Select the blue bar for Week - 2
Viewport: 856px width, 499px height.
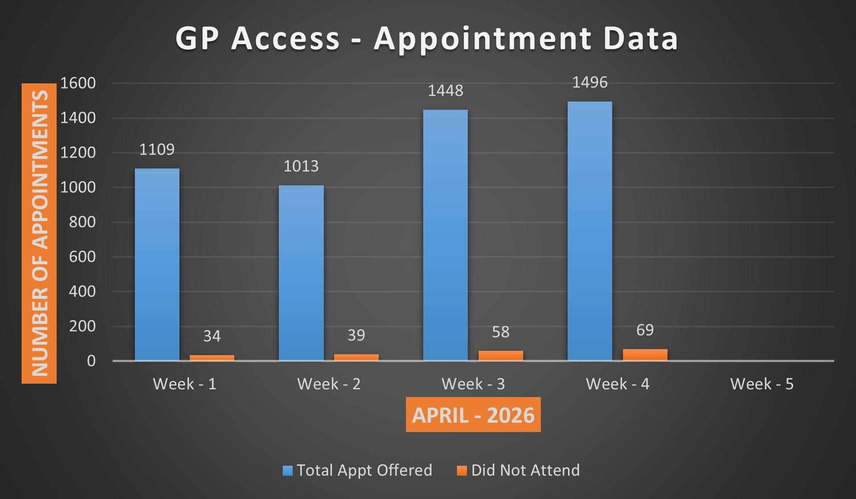click(x=301, y=273)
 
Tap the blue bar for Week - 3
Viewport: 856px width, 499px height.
click(x=445, y=235)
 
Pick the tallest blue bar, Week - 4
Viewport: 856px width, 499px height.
click(x=589, y=231)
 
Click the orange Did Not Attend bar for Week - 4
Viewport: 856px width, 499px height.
click(x=645, y=355)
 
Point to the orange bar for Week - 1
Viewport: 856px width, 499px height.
click(x=212, y=357)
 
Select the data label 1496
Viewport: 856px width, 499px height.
click(x=589, y=82)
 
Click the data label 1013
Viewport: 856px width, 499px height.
click(x=301, y=166)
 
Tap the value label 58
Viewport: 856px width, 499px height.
click(x=500, y=332)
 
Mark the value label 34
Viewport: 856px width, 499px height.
click(x=212, y=336)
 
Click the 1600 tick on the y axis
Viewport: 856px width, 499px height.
click(x=78, y=83)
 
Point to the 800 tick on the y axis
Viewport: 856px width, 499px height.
click(x=82, y=222)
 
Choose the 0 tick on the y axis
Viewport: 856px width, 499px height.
click(x=91, y=361)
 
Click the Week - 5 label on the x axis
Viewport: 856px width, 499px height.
click(x=761, y=384)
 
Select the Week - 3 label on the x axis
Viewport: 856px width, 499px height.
click(x=473, y=384)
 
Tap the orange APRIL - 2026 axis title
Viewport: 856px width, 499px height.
click(x=473, y=415)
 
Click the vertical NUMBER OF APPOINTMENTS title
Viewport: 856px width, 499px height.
click(x=39, y=233)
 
